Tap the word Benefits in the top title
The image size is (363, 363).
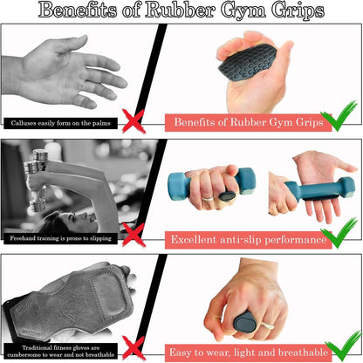62,12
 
